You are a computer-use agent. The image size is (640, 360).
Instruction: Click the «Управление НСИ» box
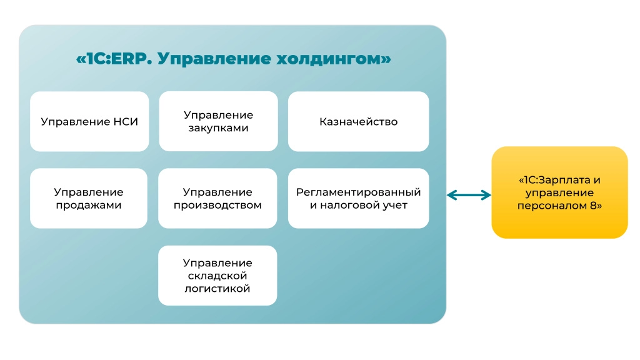tap(89, 121)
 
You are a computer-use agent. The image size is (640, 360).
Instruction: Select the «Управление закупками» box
tap(218, 121)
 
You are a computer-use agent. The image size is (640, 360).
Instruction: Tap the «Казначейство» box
tap(358, 121)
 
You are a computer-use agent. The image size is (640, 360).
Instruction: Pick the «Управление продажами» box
tap(89, 198)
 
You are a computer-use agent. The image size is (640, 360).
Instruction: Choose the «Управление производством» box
tap(217, 198)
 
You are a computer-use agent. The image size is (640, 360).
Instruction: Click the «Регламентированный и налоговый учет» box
tap(358, 198)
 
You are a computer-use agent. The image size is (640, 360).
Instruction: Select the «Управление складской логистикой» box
tap(217, 276)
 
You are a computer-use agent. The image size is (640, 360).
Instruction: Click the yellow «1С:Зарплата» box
tap(559, 192)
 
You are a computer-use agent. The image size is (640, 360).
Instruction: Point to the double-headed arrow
tap(469, 195)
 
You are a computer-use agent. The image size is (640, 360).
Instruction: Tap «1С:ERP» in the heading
tap(115, 59)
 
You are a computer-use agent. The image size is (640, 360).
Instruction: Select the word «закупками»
tap(218, 127)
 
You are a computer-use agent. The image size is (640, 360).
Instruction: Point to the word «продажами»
tap(89, 205)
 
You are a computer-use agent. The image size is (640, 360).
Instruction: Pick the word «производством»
tap(217, 205)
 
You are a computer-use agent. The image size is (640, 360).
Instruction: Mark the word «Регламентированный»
tap(358, 192)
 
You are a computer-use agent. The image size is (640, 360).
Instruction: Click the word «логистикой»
tap(217, 289)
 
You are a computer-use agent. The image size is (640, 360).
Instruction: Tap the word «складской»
tap(217, 276)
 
